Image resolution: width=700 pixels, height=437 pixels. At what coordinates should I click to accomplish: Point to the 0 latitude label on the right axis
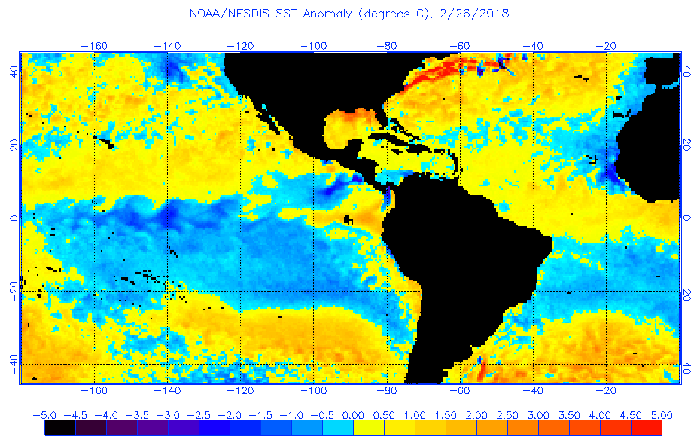click(686, 218)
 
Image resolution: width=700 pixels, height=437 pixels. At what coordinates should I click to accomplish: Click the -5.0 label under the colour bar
click(44, 415)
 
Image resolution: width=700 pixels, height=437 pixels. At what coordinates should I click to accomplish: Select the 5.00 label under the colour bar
click(661, 415)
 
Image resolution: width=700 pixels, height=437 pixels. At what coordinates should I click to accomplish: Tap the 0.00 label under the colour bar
click(353, 415)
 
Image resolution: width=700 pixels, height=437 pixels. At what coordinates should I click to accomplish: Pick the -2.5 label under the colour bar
click(199, 415)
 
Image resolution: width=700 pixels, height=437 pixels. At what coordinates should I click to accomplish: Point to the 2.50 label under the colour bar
click(507, 415)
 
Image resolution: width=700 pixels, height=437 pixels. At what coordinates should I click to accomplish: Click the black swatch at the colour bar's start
click(59, 428)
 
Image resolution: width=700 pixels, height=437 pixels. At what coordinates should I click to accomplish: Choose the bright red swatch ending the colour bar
click(646, 428)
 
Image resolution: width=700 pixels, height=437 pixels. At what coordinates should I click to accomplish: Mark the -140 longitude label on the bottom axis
click(166, 390)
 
